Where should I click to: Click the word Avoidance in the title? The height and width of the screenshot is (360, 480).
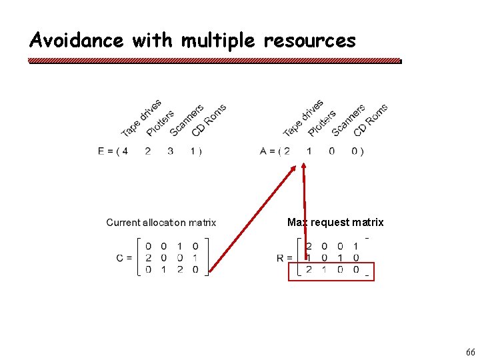77,41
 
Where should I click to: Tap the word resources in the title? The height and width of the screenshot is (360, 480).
309,41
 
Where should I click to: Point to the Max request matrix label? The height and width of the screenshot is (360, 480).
335,222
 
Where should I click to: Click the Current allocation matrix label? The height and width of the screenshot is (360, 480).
161,223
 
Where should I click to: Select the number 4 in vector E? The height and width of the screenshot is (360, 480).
124,151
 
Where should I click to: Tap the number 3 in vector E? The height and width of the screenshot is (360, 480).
170,151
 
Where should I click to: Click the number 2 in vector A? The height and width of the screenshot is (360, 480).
287,151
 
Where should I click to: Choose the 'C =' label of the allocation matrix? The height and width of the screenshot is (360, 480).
124,258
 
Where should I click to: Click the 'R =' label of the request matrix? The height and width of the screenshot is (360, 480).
285,258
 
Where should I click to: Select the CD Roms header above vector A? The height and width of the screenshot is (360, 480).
370,120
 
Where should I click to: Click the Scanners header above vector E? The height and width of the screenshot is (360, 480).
187,120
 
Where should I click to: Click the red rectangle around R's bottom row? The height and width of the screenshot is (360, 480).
331,281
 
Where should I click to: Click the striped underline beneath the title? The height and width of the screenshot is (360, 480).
215,61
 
